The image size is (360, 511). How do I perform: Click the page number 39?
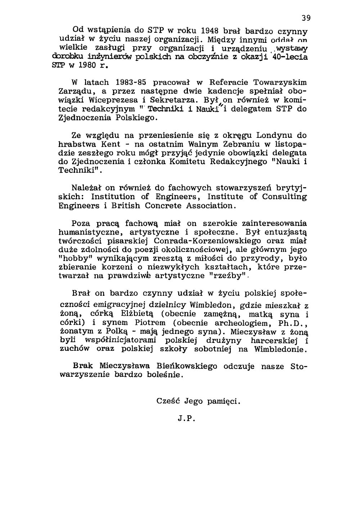306,18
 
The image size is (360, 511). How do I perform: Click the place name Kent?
109,145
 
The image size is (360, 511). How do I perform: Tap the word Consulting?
285,197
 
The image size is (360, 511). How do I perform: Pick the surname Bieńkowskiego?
187,366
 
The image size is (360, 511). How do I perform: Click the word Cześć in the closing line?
169,401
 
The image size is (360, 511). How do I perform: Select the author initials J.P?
186,419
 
